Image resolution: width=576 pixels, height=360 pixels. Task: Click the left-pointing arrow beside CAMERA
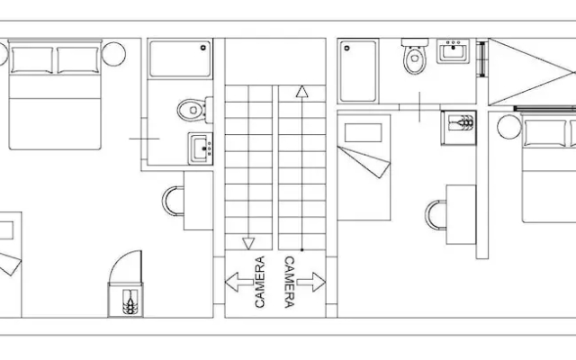pos(238,282)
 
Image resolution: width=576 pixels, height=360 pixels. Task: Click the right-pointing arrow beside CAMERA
pos(311,282)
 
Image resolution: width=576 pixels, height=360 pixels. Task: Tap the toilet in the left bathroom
pos(194,110)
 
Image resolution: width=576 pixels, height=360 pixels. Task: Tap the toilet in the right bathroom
pos(415,56)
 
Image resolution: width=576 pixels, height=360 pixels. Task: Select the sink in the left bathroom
pos(201,148)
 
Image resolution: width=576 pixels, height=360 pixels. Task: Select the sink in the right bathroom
pos(454,51)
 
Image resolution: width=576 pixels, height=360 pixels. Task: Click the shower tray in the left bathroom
pos(180,58)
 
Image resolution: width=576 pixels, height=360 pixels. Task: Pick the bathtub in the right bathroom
pos(358,71)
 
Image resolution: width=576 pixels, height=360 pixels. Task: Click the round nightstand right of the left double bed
pos(114,54)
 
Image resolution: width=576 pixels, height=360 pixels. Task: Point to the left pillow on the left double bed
pos(32,60)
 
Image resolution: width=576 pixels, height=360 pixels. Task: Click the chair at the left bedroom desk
pos(173,201)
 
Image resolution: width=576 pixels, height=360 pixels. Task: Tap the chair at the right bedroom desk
pos(436,215)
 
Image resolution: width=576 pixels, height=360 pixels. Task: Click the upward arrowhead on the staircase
pos(302,92)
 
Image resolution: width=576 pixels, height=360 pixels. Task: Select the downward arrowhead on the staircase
pos(248,244)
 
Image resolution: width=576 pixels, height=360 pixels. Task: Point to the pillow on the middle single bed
pos(363,132)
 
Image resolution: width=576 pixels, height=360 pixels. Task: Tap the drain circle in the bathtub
pos(346,48)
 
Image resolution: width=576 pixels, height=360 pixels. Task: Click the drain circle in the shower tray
pos(203,48)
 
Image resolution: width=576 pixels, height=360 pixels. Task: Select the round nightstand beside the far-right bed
pos(509,127)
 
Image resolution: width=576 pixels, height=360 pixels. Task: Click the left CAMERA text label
pos(260,282)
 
